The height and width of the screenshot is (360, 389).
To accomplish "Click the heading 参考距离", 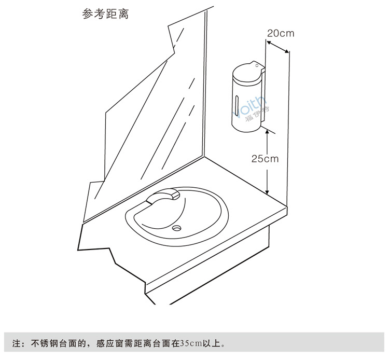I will coord(105,14).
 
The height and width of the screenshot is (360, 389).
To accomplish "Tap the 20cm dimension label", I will coord(280,34).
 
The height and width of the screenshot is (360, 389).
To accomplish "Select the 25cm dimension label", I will coord(265,159).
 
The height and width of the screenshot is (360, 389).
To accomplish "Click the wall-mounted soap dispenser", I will coord(246,96).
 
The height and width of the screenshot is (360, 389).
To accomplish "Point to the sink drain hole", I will coord(178,227).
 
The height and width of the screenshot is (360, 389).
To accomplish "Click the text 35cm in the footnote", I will coord(189,343).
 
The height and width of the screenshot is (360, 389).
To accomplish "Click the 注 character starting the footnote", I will coord(16,343).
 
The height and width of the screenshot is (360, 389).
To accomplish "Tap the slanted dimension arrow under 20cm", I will coord(277,46).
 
